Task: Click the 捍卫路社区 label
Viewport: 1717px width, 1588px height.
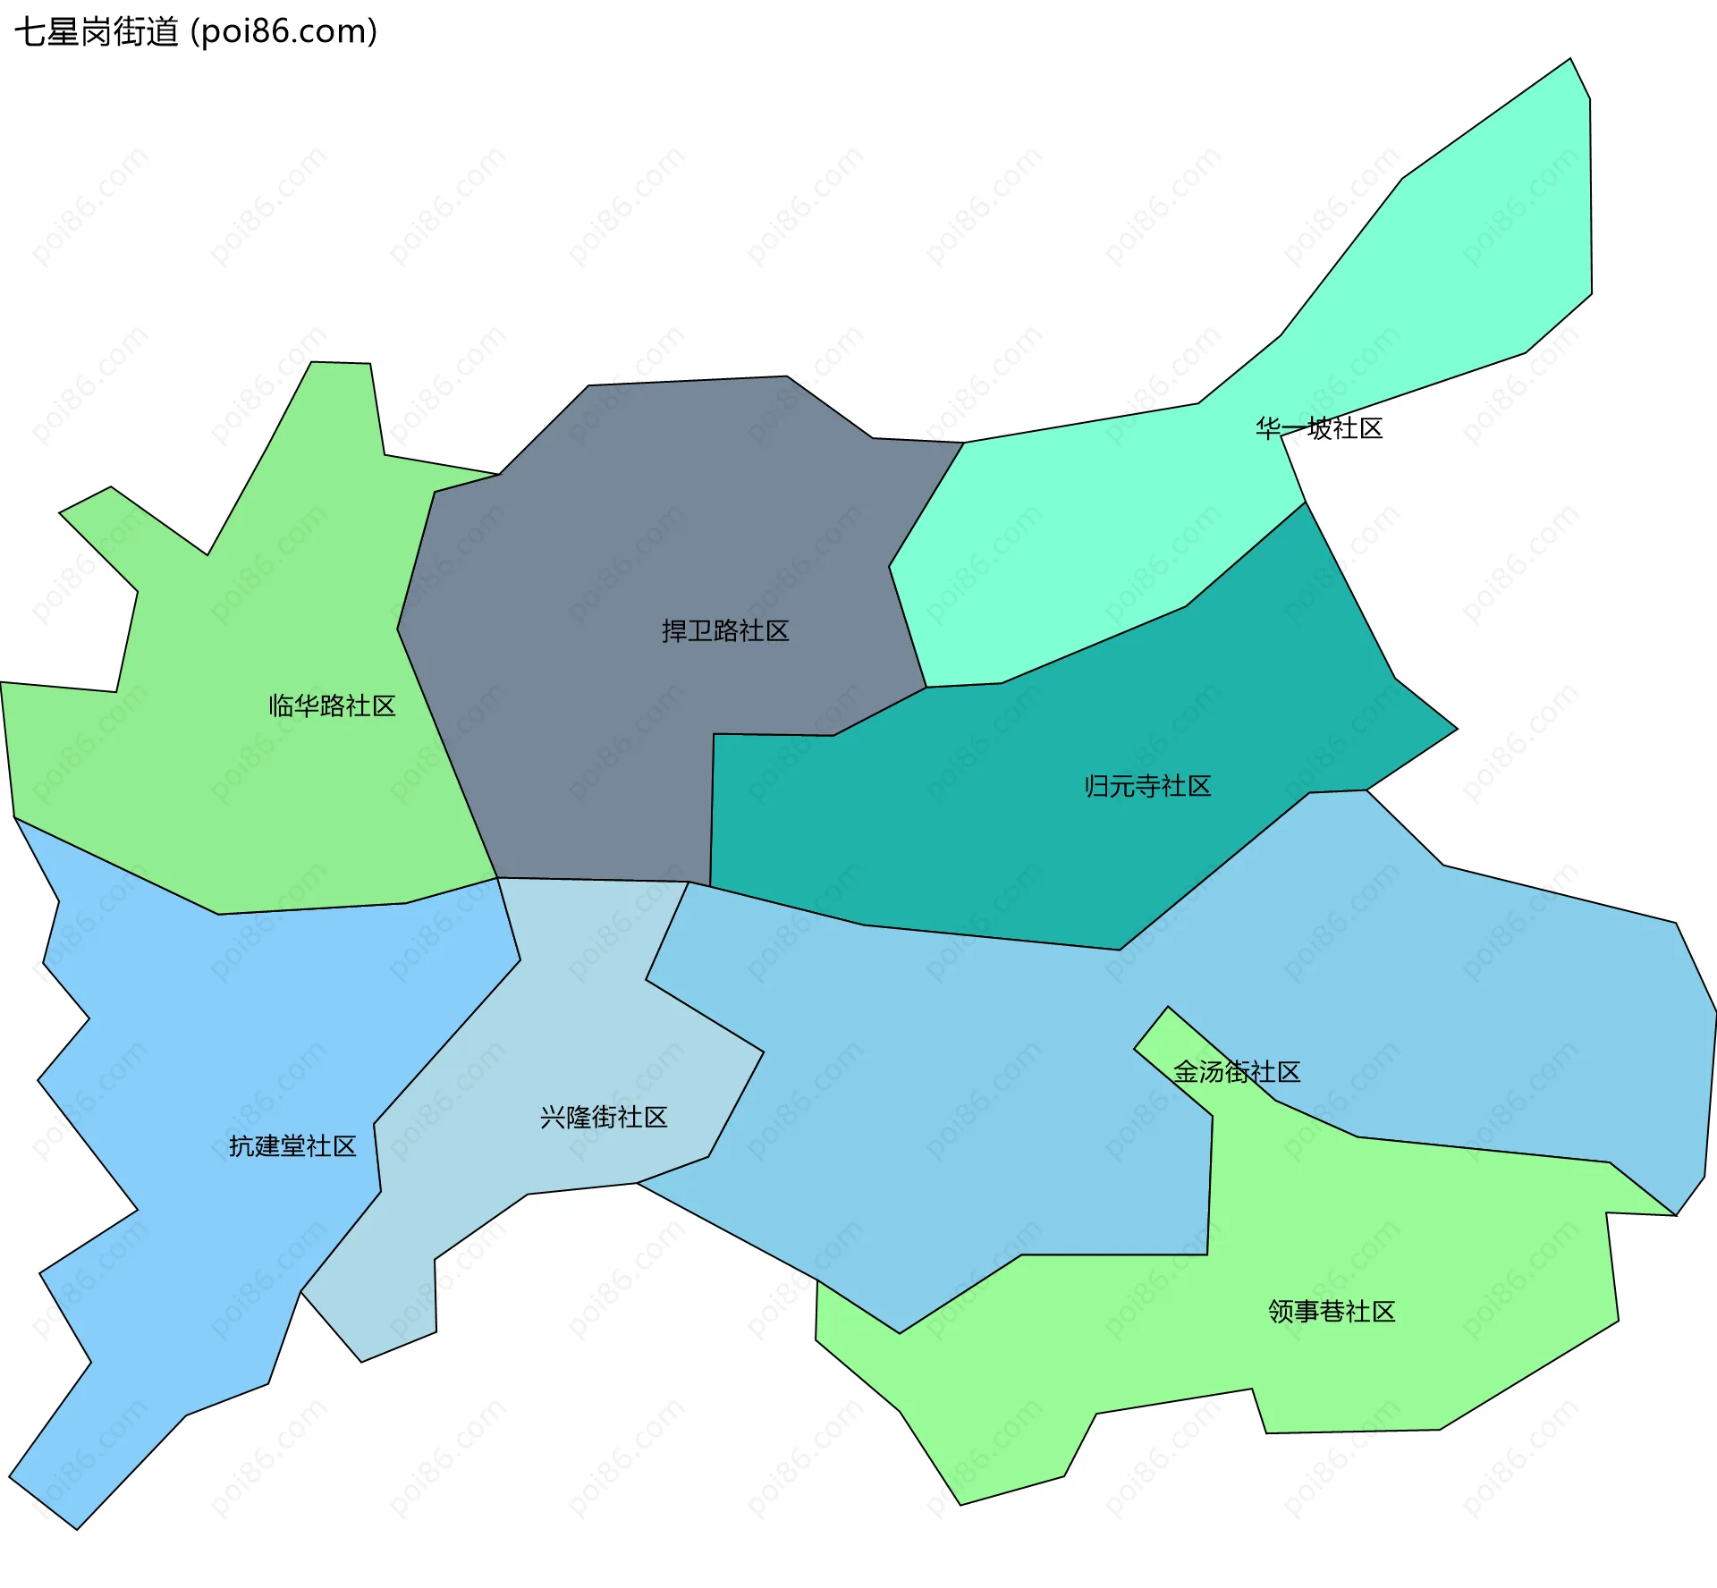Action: [x=725, y=631]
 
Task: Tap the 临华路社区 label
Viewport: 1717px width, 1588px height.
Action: [x=332, y=706]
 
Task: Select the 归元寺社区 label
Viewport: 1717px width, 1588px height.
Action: [x=1147, y=787]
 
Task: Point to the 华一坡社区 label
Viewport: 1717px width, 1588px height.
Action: [x=1319, y=429]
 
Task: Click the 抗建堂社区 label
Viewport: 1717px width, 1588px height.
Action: [x=292, y=1146]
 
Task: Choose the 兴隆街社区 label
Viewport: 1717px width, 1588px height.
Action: [x=604, y=1118]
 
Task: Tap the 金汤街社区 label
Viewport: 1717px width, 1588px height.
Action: [x=1237, y=1072]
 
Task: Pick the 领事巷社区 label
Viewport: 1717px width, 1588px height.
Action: [x=1332, y=1312]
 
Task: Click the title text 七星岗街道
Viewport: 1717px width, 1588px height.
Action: [x=97, y=32]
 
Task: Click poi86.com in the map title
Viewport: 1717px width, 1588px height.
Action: [x=284, y=32]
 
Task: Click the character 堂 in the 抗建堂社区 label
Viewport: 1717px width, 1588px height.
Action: [x=292, y=1146]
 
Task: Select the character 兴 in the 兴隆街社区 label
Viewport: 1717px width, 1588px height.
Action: [x=553, y=1118]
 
